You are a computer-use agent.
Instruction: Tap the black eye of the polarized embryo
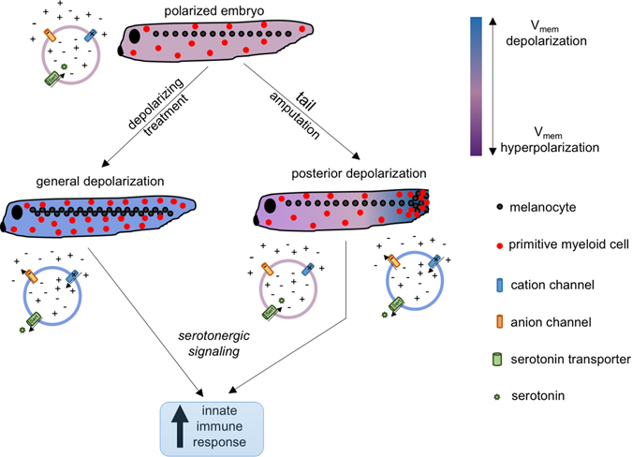coord(136,37)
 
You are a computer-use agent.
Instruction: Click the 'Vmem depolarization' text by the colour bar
coord(558,33)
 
